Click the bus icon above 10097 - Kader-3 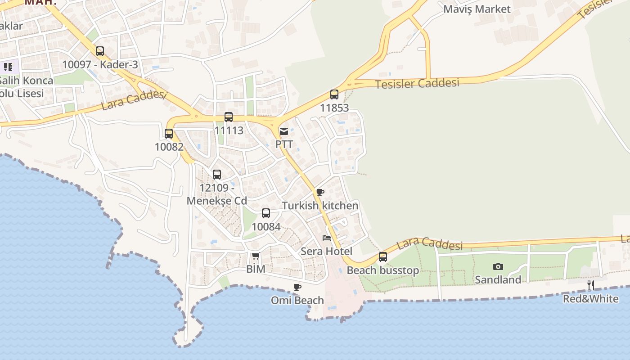tap(100, 51)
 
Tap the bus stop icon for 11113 tap(229, 117)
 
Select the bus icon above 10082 tap(169, 134)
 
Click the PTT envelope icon tap(284, 131)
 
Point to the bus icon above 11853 tap(334, 94)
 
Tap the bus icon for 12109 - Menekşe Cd tap(217, 175)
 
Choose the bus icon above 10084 tap(266, 213)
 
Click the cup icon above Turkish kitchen tap(320, 193)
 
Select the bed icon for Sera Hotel tap(327, 238)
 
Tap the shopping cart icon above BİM tap(256, 256)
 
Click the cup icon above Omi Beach tap(297, 287)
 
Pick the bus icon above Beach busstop tap(383, 257)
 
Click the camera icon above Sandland tap(498, 266)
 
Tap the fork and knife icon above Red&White tap(591, 285)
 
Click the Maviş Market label tap(477, 9)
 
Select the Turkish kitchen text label tap(320, 206)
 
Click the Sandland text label tap(498, 279)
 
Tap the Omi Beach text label tap(297, 300)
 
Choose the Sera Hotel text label tap(326, 251)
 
